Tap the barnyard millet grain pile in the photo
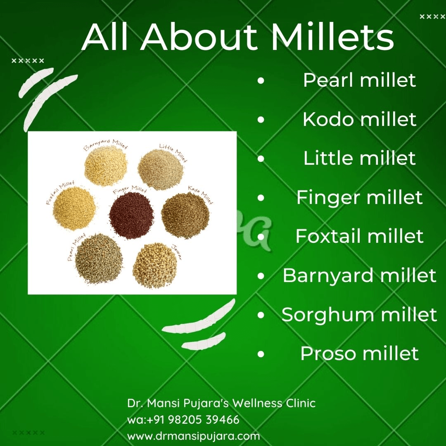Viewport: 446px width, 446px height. [x=105, y=166]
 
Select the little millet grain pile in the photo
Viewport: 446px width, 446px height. [x=160, y=169]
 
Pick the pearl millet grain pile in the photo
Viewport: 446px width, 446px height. [x=99, y=261]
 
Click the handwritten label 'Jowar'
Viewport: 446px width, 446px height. [x=177, y=251]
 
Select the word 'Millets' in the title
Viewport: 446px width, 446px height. [x=332, y=38]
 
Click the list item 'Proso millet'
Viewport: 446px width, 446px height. [x=359, y=353]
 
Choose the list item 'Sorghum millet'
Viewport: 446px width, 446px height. [x=359, y=315]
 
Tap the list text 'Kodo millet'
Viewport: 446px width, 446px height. [x=359, y=119]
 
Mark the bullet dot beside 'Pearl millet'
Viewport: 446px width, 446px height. [x=261, y=81]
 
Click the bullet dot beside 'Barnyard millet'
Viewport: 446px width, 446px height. [x=261, y=276]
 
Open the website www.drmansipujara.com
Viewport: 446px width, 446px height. [x=193, y=436]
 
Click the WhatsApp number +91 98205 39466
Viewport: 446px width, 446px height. [x=183, y=420]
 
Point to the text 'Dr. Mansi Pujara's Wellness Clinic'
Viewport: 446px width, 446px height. [x=221, y=403]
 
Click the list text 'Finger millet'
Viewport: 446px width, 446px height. [x=359, y=197]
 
